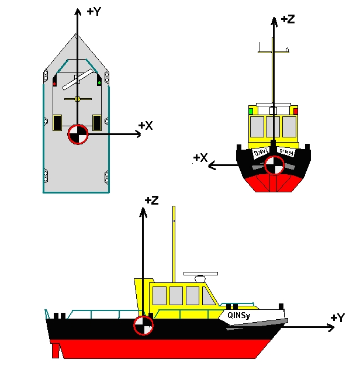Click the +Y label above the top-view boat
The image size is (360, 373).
click(94, 12)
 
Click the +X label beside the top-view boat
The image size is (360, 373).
click(146, 125)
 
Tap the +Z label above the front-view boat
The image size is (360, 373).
click(288, 19)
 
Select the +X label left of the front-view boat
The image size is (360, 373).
click(200, 158)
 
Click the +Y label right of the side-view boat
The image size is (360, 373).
click(338, 317)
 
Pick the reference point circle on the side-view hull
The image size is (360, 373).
click(142, 326)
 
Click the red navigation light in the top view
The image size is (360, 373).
click(54, 83)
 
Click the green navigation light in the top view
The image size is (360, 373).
click(99, 83)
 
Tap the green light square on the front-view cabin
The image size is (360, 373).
click(251, 110)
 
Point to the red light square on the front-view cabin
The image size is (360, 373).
click(295, 110)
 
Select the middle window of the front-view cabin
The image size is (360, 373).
click(273, 126)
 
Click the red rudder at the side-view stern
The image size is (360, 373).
click(56, 350)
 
